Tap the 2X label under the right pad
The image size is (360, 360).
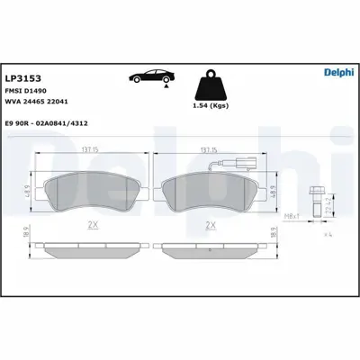211,226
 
